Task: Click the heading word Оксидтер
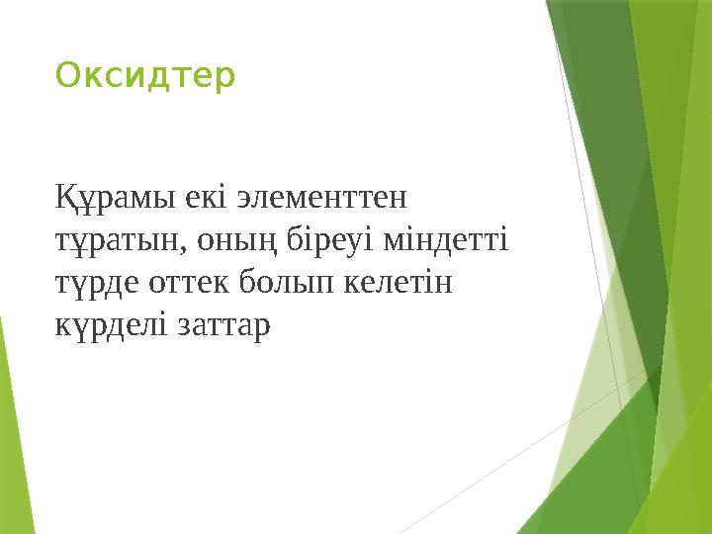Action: pos(145,76)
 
